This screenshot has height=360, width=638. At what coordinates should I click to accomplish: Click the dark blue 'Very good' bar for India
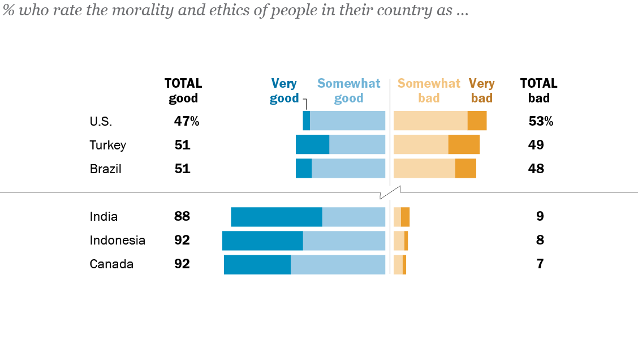coord(277,217)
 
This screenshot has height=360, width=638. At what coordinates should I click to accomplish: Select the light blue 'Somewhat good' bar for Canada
coord(338,264)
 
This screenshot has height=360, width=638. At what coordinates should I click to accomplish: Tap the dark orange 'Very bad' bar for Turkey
coord(464,144)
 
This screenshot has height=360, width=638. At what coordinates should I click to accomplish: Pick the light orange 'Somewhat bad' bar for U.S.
coord(430,121)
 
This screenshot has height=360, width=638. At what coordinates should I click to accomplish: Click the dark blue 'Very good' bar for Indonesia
coord(262,241)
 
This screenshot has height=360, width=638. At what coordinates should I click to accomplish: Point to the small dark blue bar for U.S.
coord(306,121)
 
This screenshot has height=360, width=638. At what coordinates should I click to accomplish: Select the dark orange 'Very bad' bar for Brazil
coord(465,169)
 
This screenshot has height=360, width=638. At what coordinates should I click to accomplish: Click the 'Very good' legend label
coord(283,91)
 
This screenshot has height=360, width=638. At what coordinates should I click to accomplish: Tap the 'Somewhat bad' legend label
coord(429,91)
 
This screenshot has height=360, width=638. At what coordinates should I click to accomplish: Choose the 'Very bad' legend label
coord(481,91)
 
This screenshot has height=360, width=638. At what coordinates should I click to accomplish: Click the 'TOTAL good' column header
coord(183,91)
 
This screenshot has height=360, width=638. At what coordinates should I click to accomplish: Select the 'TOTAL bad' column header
coord(538,91)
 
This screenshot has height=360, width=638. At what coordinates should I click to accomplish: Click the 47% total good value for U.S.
coord(186,121)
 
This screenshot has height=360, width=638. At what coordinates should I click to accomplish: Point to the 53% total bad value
coord(540,121)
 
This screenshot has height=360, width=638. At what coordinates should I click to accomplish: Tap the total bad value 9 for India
coord(540,216)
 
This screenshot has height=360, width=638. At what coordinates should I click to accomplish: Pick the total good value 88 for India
coord(182,216)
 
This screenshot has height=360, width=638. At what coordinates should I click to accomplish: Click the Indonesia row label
coord(117,241)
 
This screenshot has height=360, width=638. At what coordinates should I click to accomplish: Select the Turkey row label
coord(107,145)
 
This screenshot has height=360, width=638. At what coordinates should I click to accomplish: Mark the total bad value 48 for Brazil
coord(536,169)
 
